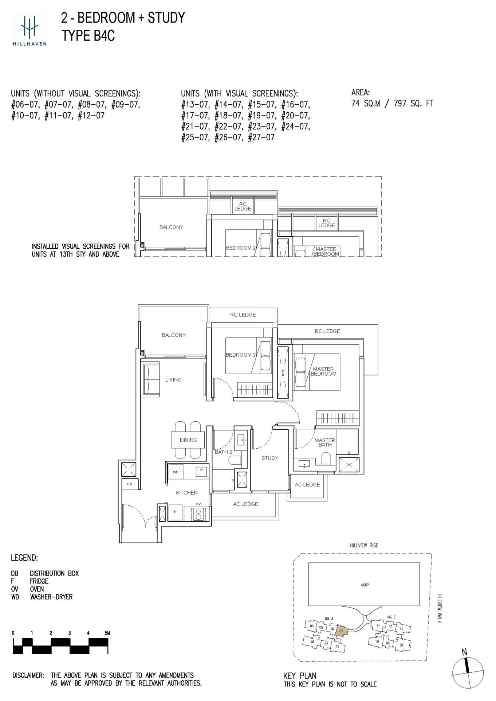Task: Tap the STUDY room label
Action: point(269,458)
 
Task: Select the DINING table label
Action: point(188,440)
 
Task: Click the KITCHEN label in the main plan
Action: point(186,493)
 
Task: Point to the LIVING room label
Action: point(173,380)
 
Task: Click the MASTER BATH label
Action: point(325,442)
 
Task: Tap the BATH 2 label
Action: point(223,452)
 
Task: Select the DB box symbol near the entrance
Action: point(130,484)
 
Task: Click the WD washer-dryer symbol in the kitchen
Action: point(176,472)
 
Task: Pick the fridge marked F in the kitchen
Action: point(175,512)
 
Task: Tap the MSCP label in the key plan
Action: point(365,585)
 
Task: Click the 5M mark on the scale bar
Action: point(107,633)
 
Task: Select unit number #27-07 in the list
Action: point(261,137)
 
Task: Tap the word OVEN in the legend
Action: point(37,589)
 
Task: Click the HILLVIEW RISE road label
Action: point(364,545)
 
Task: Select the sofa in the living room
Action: point(151,379)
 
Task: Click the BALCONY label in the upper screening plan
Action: point(171,227)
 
